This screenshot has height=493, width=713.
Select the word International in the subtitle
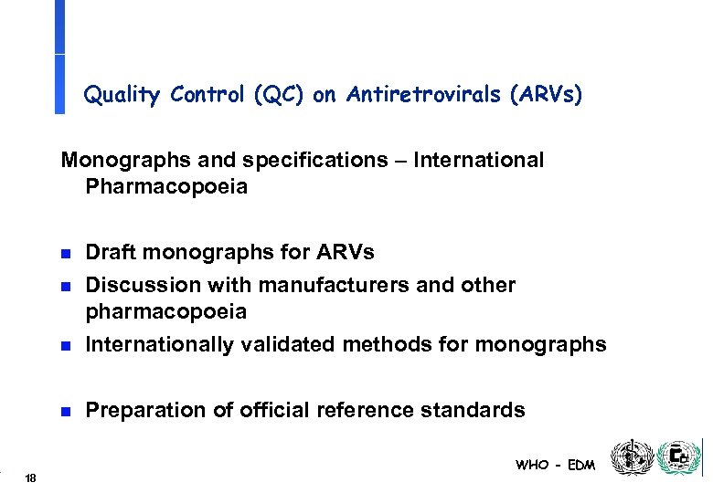[x=478, y=161]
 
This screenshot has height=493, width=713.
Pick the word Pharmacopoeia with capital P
[x=166, y=187]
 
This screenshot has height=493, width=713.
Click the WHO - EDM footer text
[x=555, y=465]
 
